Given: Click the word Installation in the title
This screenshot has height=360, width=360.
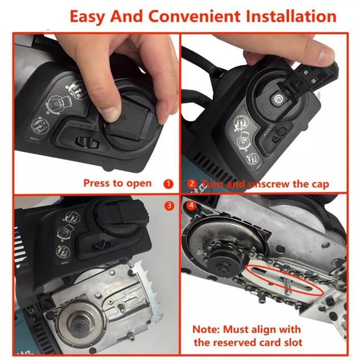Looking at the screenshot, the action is click(x=291, y=17).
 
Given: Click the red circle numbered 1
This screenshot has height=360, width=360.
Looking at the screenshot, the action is click(x=168, y=184).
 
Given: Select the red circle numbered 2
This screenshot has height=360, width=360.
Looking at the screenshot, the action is click(x=192, y=184).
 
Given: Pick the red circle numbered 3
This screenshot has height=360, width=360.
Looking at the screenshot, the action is click(x=169, y=205).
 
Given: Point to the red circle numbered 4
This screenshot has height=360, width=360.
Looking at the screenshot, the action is click(x=191, y=205).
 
